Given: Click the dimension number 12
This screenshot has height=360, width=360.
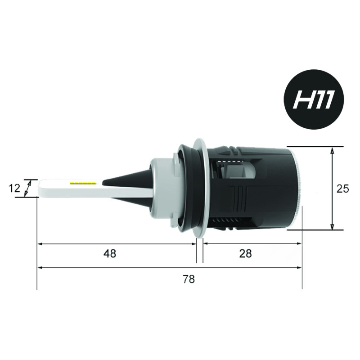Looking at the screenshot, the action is point(14,189).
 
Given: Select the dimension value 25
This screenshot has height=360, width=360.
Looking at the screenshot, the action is point(343,189).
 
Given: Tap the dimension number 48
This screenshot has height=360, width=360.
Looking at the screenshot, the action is point(110,254).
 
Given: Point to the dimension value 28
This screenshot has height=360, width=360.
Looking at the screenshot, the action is point(245,254).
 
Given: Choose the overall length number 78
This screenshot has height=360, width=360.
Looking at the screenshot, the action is point(189,279).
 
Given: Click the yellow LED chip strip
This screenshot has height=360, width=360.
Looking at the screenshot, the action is point(83,183).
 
